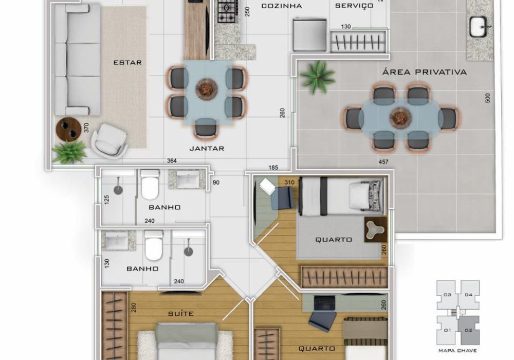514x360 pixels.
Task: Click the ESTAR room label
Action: [x=127, y=62]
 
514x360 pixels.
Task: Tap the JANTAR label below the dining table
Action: [x=207, y=149]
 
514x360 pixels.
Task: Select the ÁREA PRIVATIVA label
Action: [x=425, y=72]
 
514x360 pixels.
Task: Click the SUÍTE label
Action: [x=180, y=313]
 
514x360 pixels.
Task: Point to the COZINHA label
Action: [x=282, y=6]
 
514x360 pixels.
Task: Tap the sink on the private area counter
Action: [x=480, y=26]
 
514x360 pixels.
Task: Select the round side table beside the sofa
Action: [x=68, y=129]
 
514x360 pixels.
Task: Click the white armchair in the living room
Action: [x=109, y=139]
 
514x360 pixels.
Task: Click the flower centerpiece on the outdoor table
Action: [x=400, y=116]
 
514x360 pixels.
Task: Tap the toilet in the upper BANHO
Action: [x=150, y=184]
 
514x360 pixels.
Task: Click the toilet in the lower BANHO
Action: [x=154, y=245]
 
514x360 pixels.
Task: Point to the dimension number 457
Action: [x=383, y=161]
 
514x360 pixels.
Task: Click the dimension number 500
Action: [x=487, y=98]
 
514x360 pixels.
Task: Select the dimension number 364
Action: [x=172, y=160]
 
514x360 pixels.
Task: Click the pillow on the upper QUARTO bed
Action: [x=360, y=196]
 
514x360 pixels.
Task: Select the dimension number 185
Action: [x=273, y=168]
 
